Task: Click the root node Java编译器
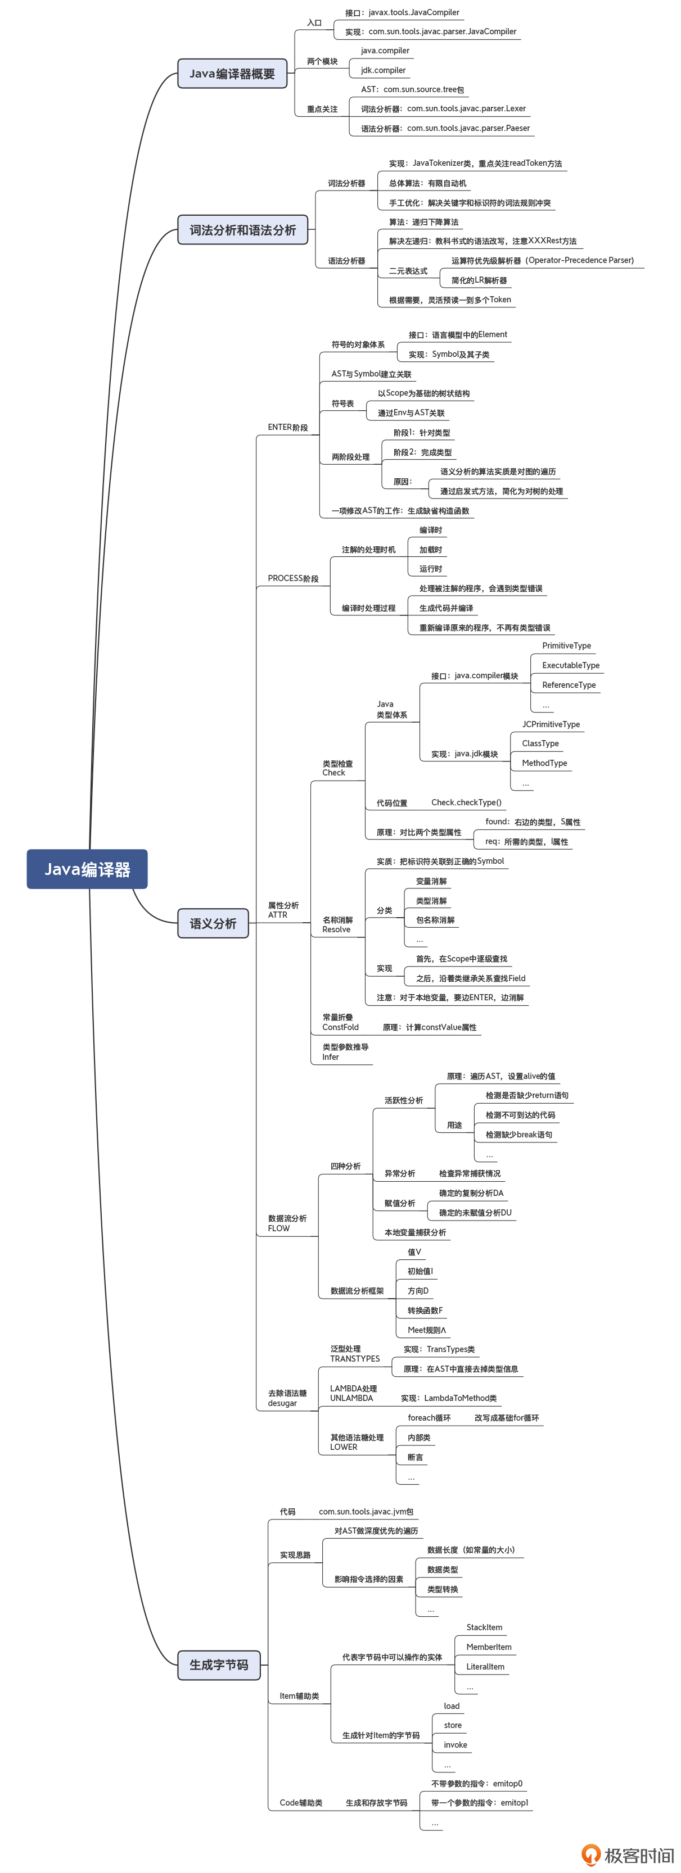coord(87,869)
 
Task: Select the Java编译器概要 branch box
coord(232,74)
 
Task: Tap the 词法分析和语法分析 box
coord(242,230)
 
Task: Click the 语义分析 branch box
coord(213,923)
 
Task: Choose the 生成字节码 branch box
coord(218,1665)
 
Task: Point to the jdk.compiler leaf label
coord(383,71)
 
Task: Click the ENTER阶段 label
coord(287,428)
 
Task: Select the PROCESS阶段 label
coord(292,579)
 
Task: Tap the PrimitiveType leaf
coord(566,646)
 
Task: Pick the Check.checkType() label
coord(466,802)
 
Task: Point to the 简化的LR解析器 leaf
coord(479,280)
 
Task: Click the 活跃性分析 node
coord(403,1101)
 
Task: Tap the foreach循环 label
coord(429,1418)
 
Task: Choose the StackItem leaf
coord(484,1627)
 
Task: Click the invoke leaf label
coord(455,1744)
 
